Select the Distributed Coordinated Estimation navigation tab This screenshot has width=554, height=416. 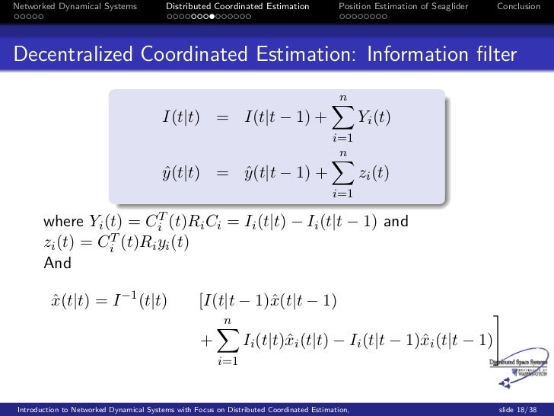click(238, 7)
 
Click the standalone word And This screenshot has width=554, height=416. click(58, 264)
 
